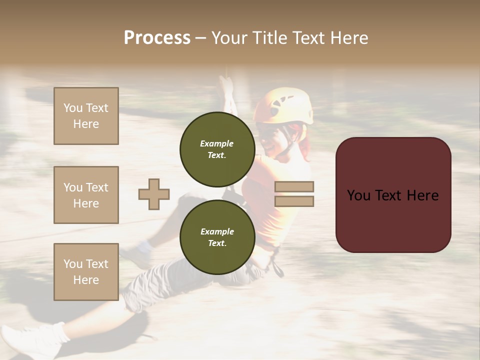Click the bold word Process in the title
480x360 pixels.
(157, 38)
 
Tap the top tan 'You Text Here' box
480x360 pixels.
(86, 116)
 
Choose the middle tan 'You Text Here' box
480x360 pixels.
(86, 195)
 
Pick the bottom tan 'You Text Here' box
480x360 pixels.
(86, 271)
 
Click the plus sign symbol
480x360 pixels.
(154, 194)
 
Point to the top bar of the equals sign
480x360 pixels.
(294, 186)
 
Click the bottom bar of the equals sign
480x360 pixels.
(294, 201)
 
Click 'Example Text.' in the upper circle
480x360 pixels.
(217, 149)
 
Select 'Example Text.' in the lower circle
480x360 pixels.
(217, 237)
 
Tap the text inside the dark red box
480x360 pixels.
(393, 195)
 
